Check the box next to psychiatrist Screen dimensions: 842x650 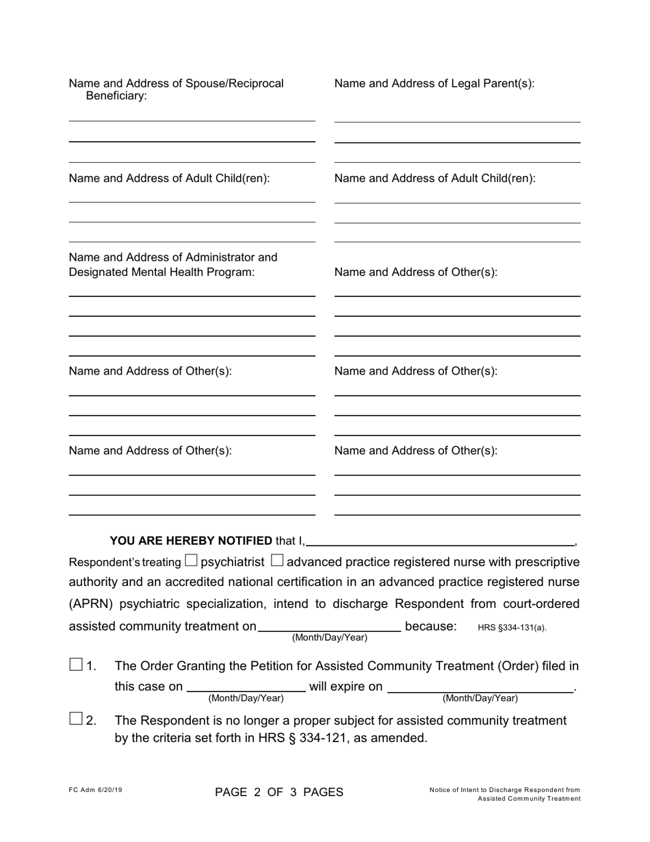191,561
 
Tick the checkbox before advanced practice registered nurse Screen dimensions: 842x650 277,561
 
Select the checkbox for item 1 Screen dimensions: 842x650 76,665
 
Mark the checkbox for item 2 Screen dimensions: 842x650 76,719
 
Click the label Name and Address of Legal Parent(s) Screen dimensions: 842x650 434,84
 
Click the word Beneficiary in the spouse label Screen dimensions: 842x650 116,97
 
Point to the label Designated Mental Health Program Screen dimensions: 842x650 161,272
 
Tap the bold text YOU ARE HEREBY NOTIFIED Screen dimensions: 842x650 191,541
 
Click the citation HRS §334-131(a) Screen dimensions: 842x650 512,627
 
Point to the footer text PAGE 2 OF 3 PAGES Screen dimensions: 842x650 279,793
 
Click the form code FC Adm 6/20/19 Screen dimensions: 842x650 95,790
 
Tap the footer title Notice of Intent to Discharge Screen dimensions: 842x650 505,790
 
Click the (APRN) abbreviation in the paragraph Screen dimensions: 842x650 94,604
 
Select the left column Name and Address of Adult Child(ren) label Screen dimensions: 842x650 170,179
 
